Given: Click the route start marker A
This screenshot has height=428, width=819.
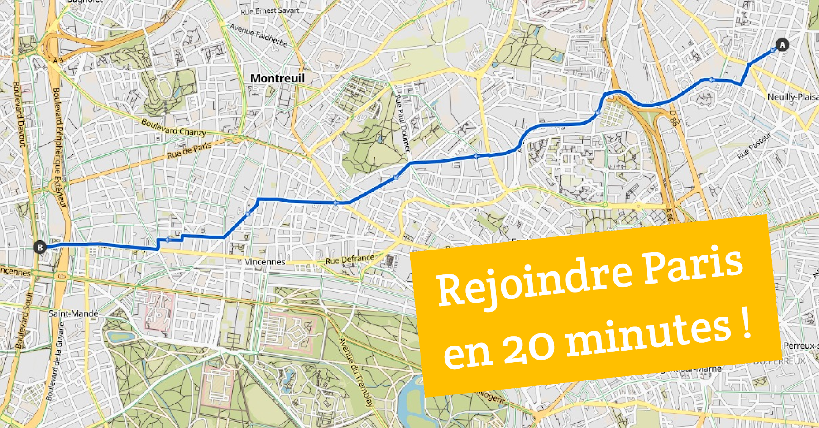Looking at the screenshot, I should [x=782, y=45].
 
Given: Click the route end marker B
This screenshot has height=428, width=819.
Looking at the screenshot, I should [x=40, y=247].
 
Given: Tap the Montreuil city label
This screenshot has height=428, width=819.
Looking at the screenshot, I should [x=277, y=78].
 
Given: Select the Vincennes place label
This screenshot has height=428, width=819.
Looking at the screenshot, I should [x=265, y=262].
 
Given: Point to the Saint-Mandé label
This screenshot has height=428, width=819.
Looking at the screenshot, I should [x=73, y=313].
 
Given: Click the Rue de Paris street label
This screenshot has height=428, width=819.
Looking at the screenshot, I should [x=189, y=150].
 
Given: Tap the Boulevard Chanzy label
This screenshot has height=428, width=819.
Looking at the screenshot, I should [x=174, y=127].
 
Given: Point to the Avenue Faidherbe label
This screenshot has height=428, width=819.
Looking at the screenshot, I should [x=259, y=35].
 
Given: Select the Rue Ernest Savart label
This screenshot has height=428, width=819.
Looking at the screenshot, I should [x=270, y=11].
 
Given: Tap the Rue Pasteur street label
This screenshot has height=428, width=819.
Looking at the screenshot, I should [x=754, y=146].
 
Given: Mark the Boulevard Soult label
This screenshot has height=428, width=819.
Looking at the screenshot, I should [x=24, y=320].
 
